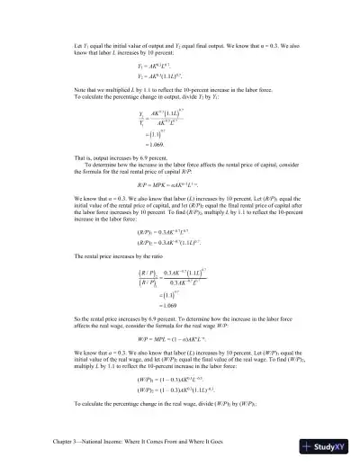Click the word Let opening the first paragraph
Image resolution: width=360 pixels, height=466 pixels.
[78, 44]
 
